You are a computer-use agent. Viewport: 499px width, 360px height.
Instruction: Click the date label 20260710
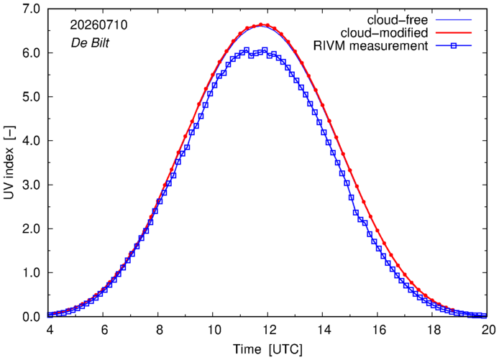(99, 25)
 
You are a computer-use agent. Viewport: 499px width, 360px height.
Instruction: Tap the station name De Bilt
(90, 42)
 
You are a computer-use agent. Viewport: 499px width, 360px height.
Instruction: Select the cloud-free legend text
(398, 20)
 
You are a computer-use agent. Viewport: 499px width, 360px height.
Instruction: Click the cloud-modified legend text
(384, 33)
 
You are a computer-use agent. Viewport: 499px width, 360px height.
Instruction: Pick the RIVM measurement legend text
(371, 46)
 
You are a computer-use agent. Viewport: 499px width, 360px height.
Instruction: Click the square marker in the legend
(454, 46)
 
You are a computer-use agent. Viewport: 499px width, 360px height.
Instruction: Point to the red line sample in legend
(454, 33)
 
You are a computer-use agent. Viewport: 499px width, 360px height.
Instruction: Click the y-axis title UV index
(9, 162)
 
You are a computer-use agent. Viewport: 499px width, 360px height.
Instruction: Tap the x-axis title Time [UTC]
(267, 349)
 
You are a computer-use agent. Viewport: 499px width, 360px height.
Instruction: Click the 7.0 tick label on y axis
(31, 9)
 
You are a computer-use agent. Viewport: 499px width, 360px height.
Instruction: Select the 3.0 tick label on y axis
(31, 185)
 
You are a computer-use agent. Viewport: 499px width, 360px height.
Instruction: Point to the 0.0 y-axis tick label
(31, 317)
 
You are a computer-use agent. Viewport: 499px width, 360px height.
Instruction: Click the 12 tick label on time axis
(268, 330)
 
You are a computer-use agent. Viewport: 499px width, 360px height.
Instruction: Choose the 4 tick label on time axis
(50, 330)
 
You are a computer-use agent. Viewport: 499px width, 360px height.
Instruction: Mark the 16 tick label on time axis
(377, 330)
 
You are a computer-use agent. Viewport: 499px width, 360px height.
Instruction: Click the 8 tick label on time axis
(159, 330)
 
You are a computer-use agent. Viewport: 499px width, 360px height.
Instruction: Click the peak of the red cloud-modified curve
(261, 24)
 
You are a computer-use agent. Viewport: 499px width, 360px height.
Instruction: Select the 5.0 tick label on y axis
(31, 97)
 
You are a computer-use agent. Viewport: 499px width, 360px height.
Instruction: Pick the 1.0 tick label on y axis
(31, 273)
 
